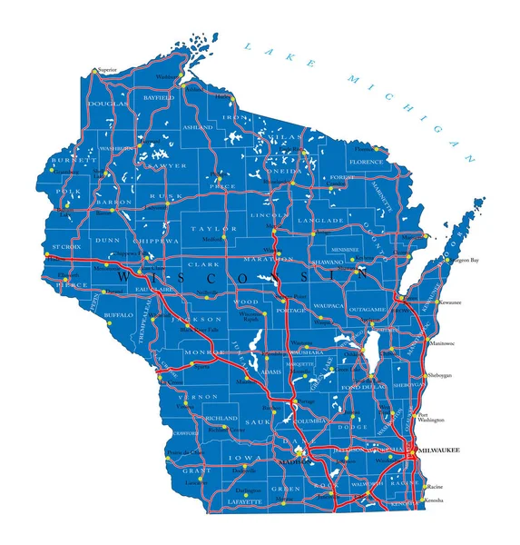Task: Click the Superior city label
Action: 108,69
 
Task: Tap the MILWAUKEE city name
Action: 439,451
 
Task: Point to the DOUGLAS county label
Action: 107,104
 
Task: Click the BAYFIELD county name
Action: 159,96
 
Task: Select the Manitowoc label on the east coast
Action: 442,344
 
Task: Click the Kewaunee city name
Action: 450,301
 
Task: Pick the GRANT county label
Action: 196,471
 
